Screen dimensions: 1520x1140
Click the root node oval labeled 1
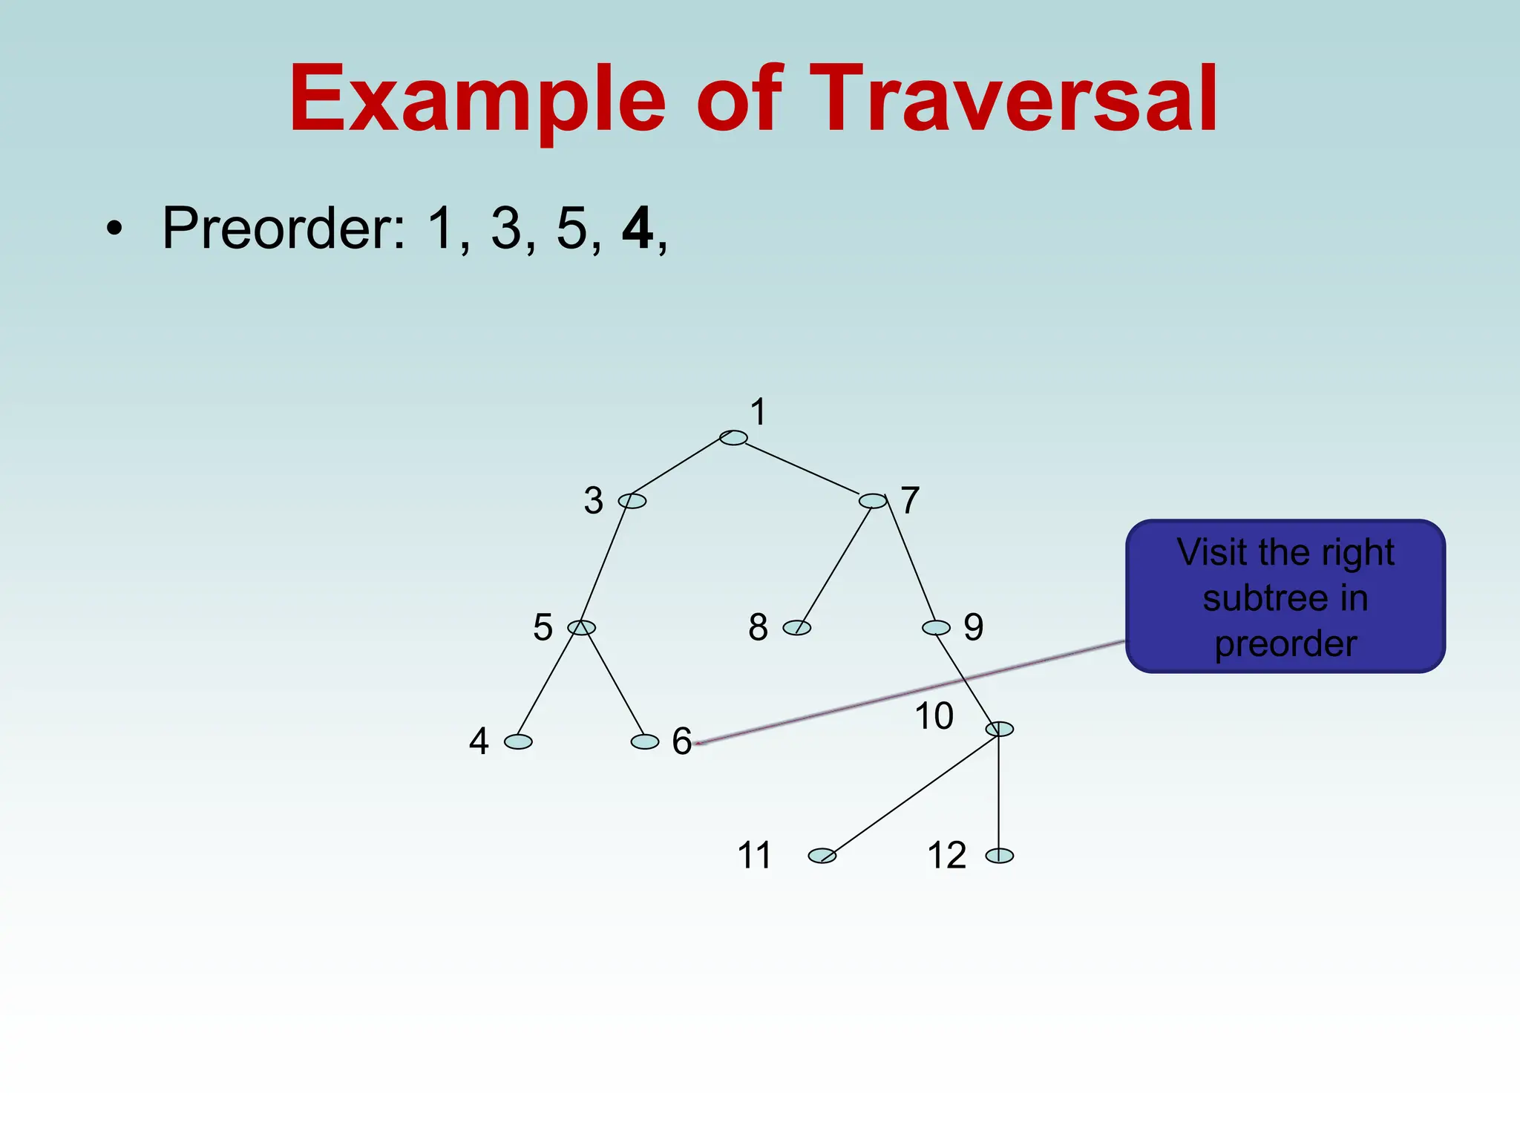[733, 438]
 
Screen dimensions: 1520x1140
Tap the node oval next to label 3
[632, 501]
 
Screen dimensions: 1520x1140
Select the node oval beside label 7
[873, 501]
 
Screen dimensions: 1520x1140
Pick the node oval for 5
[581, 628]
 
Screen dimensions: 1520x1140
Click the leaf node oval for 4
[518, 741]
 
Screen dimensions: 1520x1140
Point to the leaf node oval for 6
[644, 741]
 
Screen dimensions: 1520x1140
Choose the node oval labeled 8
[797, 628]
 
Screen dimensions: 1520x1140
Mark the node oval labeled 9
[936, 628]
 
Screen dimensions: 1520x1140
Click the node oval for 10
[999, 729]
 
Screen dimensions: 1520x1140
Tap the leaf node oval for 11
[822, 856]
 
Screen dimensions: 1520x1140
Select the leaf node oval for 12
[999, 856]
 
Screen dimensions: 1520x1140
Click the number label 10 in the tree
[934, 716]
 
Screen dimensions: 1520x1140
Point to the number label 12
[946, 855]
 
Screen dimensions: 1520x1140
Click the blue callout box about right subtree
[1285, 597]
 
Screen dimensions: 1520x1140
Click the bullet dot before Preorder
[113, 229]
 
